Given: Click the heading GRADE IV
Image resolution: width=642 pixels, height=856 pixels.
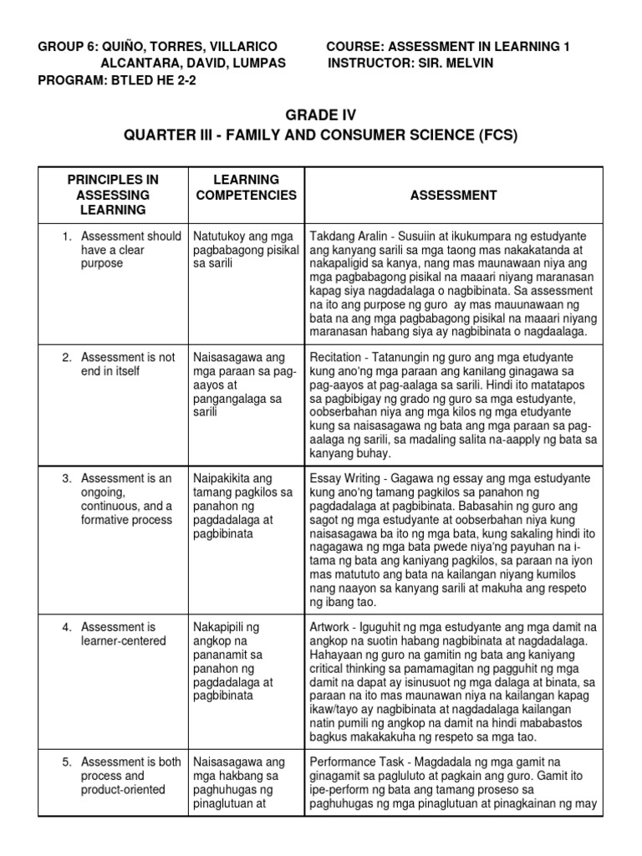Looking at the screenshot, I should [x=321, y=115].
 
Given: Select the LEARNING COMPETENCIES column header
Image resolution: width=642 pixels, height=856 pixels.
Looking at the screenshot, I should [x=245, y=187].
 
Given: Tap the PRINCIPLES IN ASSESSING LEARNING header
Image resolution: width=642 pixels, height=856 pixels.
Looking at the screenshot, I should [x=113, y=195].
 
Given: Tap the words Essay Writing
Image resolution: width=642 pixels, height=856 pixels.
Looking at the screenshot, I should [x=345, y=479].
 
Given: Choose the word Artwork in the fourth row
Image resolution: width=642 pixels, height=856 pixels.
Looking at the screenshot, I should [x=332, y=627].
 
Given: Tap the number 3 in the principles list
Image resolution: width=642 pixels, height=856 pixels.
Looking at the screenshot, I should [x=67, y=479].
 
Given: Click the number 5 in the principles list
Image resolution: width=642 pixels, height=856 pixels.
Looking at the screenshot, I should [x=67, y=762].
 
